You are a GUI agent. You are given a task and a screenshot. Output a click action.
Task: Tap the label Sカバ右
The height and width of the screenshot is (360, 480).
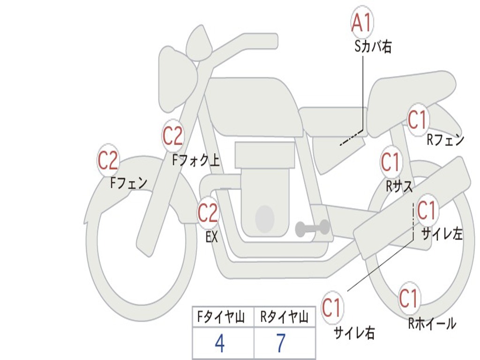(x=373, y=46)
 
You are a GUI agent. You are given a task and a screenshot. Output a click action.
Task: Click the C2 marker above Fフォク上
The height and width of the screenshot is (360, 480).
(x=172, y=136)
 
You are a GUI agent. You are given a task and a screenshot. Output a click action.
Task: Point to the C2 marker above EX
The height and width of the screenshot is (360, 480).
(x=208, y=212)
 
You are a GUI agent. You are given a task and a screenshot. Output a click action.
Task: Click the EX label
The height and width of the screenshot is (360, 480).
(x=211, y=237)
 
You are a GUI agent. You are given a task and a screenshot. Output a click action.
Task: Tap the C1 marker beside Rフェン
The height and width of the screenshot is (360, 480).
(x=418, y=120)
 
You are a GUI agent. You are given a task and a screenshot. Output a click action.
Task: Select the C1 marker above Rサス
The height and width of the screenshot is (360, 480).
(x=391, y=162)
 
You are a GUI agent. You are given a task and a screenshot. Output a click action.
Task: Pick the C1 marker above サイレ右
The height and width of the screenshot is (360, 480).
(x=332, y=307)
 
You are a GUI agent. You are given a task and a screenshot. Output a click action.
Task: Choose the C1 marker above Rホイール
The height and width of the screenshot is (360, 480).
(x=409, y=298)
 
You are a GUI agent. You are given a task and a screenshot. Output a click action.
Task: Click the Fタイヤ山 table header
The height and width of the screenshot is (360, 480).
(x=221, y=317)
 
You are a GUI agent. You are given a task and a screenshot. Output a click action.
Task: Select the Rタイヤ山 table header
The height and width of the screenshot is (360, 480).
(x=284, y=317)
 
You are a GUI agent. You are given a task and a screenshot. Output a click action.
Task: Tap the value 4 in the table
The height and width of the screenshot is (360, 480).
(x=220, y=343)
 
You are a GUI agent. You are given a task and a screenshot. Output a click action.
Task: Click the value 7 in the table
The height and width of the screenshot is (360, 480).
(x=281, y=343)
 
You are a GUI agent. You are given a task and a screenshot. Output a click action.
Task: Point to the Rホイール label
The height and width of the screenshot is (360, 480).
(x=432, y=323)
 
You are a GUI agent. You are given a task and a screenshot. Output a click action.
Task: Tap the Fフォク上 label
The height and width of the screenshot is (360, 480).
(x=196, y=160)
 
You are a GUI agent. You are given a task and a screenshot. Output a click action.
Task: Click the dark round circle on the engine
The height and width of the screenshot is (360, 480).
(x=265, y=218)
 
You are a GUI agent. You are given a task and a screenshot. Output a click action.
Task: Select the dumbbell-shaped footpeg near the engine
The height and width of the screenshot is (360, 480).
(x=312, y=228)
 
